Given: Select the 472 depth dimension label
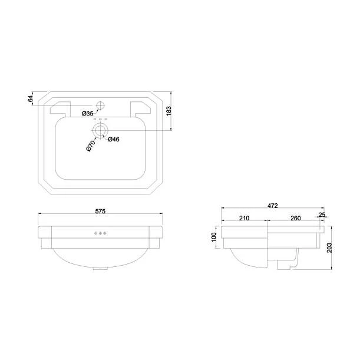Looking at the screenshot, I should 273,206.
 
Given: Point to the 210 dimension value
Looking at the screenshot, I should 244,218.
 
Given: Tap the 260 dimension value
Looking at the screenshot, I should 295,218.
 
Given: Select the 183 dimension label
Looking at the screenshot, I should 170,110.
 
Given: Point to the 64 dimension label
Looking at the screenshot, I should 31,98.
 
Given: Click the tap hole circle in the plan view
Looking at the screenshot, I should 101,106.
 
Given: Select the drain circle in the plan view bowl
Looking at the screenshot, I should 101,130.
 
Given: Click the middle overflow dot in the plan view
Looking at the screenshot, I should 101,120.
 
